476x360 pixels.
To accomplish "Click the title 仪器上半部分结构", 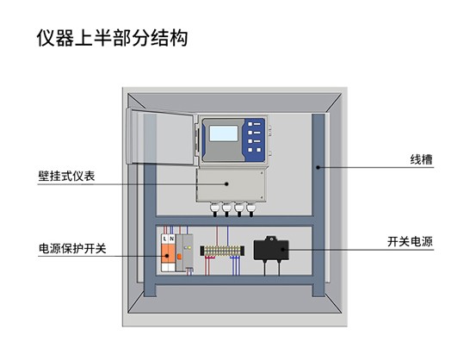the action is click(x=112, y=38).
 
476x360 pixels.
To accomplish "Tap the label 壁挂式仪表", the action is click(x=66, y=177).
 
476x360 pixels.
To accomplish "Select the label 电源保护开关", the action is click(x=72, y=249).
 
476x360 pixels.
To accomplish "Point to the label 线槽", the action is click(x=421, y=160).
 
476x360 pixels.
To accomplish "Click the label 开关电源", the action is click(x=410, y=242).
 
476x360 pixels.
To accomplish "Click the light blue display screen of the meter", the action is click(x=224, y=133).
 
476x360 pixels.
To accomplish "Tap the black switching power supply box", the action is click(x=271, y=249).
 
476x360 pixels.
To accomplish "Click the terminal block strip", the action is click(x=222, y=251).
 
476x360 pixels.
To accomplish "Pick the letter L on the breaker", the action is click(x=164, y=239).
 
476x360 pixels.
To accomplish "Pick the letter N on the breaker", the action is click(x=171, y=239).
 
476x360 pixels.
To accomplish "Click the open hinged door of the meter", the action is click(x=160, y=137).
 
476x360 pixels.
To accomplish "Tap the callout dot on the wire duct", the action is click(x=318, y=167).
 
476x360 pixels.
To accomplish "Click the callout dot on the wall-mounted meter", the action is click(x=226, y=183).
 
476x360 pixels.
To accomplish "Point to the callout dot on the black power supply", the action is click(x=282, y=250).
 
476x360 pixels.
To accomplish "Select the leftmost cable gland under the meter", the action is click(x=214, y=209).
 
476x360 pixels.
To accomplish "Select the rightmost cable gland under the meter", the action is click(x=250, y=209).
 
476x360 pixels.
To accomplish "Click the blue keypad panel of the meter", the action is click(x=255, y=140).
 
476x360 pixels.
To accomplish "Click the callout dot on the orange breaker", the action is click(x=167, y=256).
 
